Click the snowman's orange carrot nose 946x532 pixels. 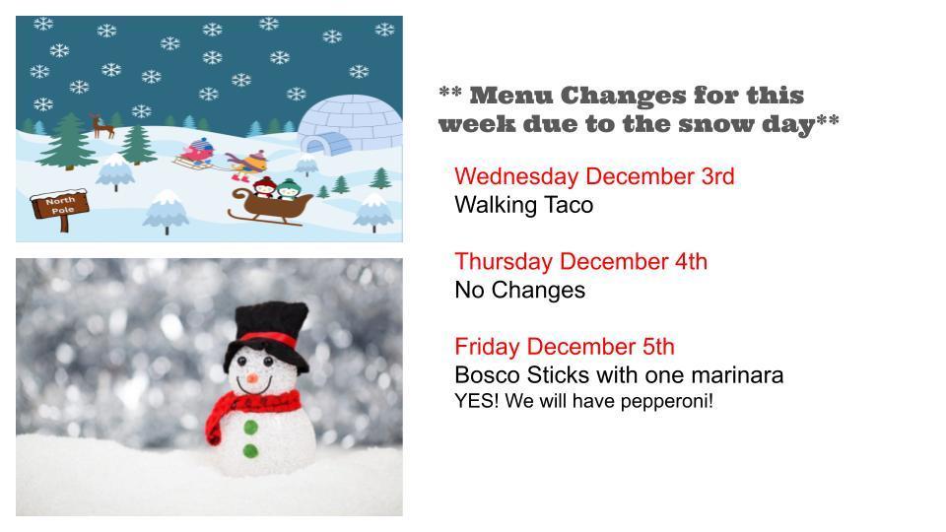tap(252, 378)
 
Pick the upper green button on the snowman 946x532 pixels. tap(250, 427)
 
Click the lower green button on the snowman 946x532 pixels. tap(250, 451)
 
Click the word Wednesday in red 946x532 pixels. tap(515, 176)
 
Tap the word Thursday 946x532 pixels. tap(504, 261)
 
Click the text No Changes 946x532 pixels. tap(519, 290)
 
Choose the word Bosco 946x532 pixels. tap(486, 375)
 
